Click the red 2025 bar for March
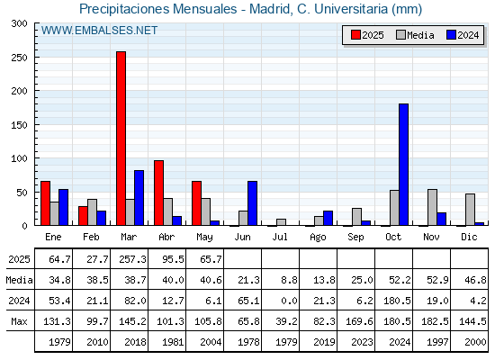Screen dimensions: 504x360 (121, 139)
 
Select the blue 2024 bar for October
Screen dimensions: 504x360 (404, 165)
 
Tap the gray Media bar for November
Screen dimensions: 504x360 (432, 207)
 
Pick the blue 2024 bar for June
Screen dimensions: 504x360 (252, 203)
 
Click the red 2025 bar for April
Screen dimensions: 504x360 (158, 193)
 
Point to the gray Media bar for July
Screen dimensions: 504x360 (281, 222)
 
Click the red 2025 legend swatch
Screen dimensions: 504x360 (355, 35)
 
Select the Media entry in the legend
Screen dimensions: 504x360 (415, 35)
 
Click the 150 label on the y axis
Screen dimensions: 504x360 (20, 125)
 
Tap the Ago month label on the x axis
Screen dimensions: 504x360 (318, 238)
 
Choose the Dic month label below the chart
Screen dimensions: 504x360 (469, 237)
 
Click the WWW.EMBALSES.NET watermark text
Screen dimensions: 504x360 (99, 31)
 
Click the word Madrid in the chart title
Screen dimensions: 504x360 (270, 9)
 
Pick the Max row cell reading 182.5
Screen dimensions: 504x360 (435, 321)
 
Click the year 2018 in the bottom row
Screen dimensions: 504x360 (135, 342)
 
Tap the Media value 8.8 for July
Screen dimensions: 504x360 (289, 280)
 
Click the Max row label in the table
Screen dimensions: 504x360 (19, 321)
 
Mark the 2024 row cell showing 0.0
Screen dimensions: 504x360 (289, 301)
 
